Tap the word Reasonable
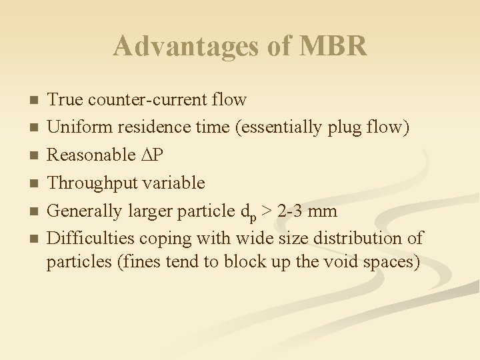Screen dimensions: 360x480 91,155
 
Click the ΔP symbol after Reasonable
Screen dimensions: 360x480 151,155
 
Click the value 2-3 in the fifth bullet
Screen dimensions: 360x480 290,211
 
